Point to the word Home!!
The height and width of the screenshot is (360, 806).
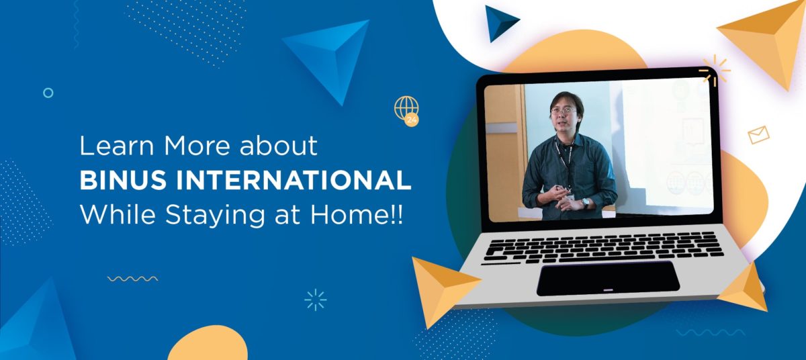coord(356,215)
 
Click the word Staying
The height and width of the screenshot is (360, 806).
coord(215,216)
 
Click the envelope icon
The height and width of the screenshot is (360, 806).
coord(758,135)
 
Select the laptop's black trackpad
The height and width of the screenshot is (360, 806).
coord(608,279)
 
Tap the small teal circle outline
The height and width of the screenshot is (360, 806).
coord(48,93)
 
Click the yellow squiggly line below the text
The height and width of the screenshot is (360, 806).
coord(132,279)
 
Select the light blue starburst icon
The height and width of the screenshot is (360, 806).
coord(316,300)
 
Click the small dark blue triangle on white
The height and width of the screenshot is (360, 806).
coord(500,22)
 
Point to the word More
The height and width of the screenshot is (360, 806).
coord(197,146)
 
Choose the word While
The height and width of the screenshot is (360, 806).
coord(118,215)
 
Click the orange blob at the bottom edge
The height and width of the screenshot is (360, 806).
coord(208,344)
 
